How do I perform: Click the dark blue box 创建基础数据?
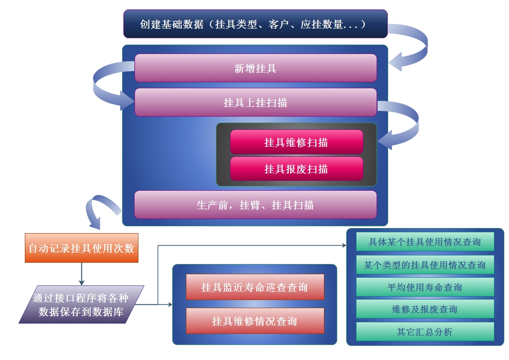(x=255, y=24)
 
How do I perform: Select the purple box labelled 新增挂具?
(x=255, y=68)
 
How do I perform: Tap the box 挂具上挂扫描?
(x=255, y=102)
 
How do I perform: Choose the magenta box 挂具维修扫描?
(x=296, y=142)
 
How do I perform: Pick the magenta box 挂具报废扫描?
(x=296, y=169)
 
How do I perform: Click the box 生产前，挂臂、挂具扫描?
(x=255, y=205)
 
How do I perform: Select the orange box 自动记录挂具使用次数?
(x=81, y=248)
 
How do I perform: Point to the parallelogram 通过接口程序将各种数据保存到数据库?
(x=81, y=304)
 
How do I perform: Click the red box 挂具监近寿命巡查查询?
(x=255, y=287)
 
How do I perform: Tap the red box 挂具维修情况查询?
(x=255, y=321)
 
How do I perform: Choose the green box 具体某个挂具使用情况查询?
(x=425, y=242)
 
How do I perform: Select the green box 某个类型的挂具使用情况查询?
(x=425, y=265)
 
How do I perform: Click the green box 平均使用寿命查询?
(x=425, y=287)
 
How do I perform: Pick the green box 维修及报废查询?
(x=425, y=309)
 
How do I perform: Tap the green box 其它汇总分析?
(x=425, y=332)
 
